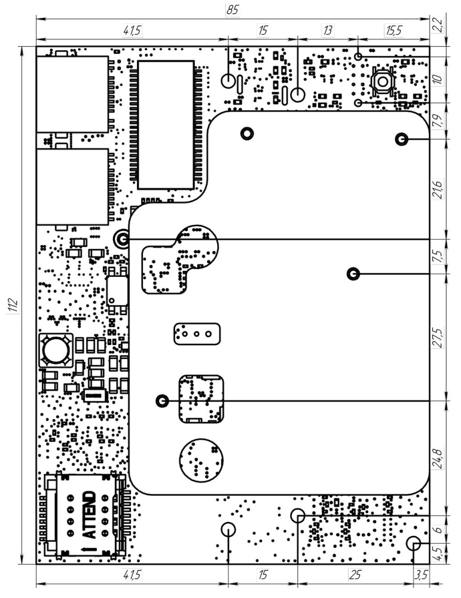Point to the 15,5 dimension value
(x=394, y=30)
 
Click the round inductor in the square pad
(x=56, y=350)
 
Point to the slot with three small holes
(x=196, y=333)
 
